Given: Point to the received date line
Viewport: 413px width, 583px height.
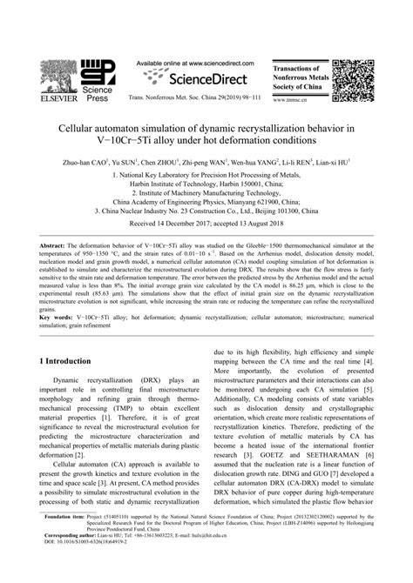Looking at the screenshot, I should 206,224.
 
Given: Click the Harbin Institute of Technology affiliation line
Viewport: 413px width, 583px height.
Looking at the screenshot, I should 206,184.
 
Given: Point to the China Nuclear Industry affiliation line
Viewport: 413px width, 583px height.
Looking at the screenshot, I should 206,210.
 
